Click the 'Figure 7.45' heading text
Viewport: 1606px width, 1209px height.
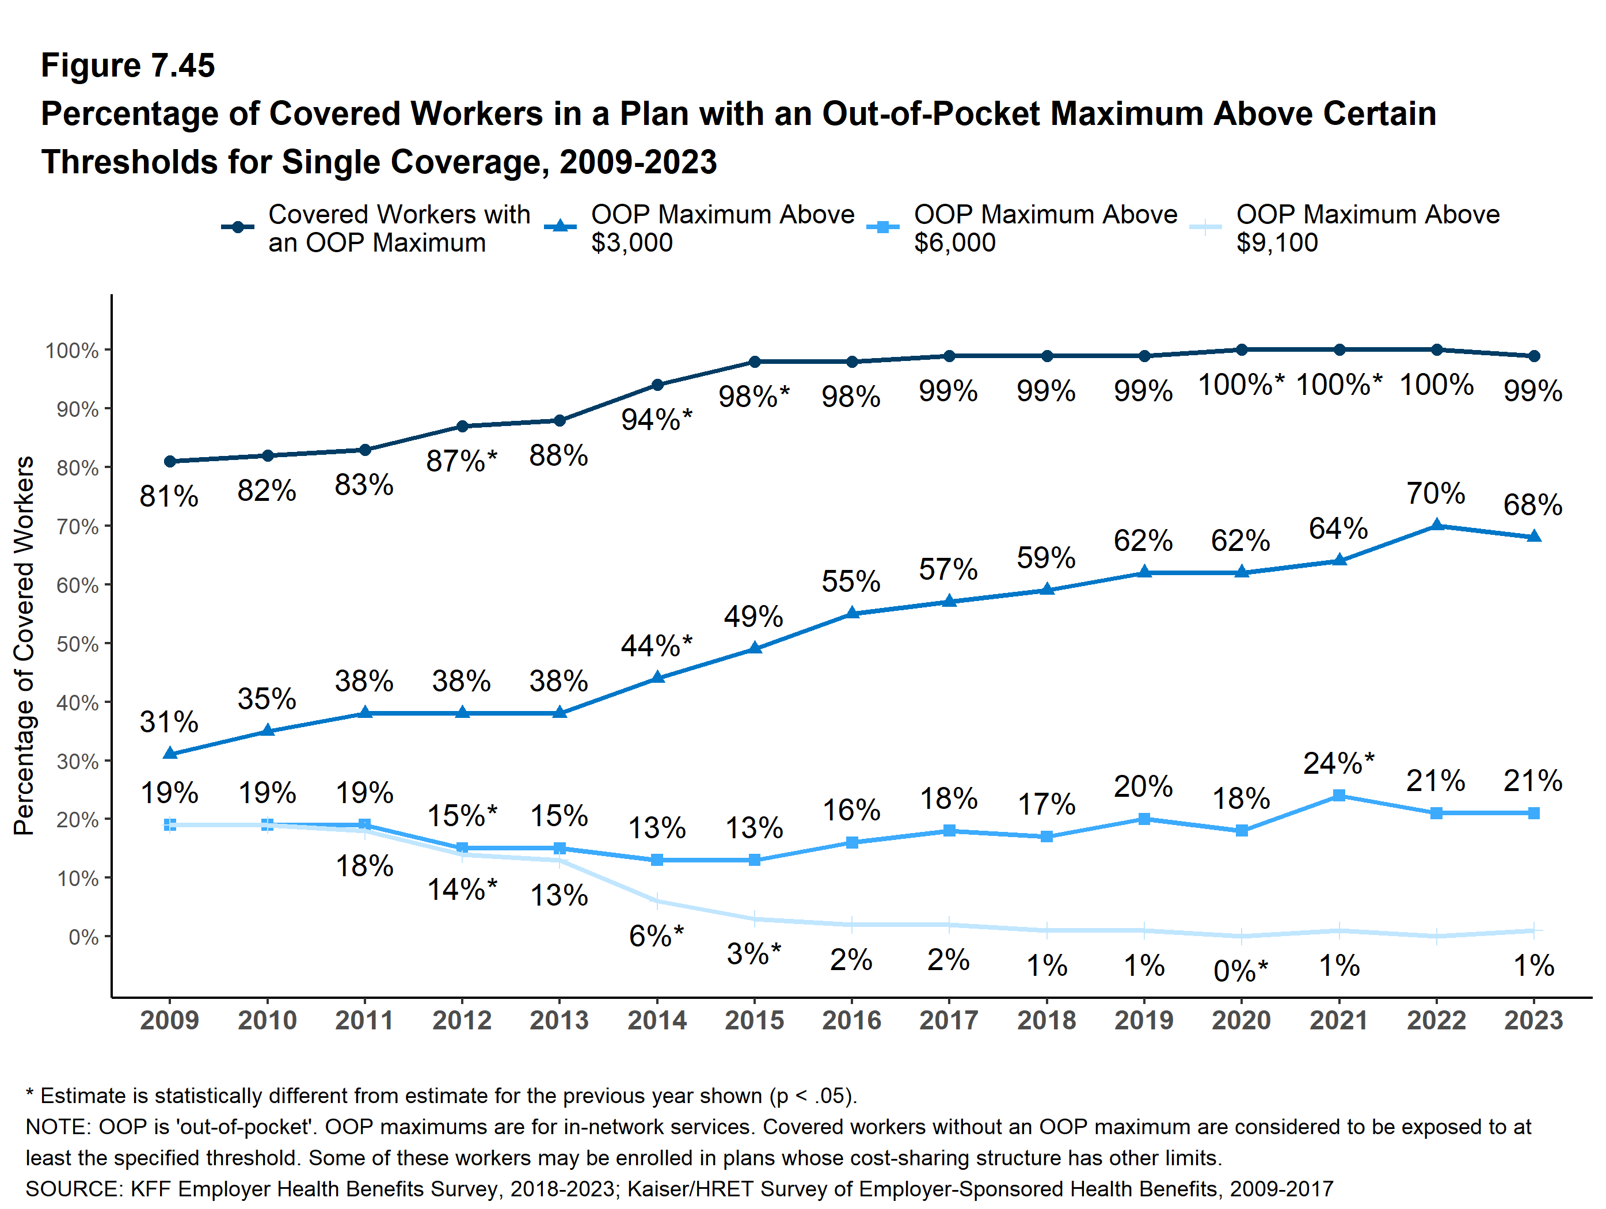pos(128,66)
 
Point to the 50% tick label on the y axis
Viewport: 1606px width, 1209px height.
pos(77,644)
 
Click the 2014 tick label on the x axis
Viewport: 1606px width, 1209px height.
pos(656,1020)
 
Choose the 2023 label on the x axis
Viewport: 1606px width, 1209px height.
pos(1533,1020)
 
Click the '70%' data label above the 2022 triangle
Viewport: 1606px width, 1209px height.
pos(1436,494)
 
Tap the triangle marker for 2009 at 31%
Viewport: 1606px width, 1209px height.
pos(170,754)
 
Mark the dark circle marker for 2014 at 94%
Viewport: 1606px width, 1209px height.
pos(657,385)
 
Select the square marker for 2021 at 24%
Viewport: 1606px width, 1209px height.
pos(1339,796)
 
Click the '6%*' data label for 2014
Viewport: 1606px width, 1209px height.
pos(656,936)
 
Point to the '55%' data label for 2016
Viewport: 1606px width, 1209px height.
pos(851,581)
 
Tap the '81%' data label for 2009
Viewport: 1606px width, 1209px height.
pos(169,497)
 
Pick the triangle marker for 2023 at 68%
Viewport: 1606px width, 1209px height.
pos(1533,537)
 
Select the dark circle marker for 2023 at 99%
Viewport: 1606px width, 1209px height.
pos(1533,356)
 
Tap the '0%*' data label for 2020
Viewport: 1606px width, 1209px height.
pos(1240,971)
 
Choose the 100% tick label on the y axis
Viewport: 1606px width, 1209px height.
pos(72,351)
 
